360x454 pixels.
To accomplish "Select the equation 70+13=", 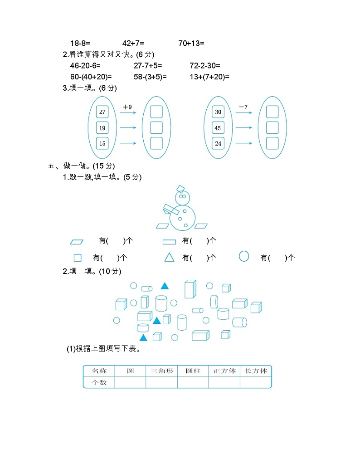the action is [x=191, y=44].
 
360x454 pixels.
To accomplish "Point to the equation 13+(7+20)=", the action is [x=209, y=77].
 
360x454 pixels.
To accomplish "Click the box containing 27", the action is [x=102, y=112].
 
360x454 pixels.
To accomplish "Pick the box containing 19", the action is [x=102, y=128].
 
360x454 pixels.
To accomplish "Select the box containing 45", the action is [x=218, y=128].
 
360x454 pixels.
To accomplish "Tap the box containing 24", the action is [x=218, y=144].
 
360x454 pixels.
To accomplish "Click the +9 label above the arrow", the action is [x=127, y=107].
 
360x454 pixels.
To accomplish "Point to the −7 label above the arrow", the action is [x=243, y=107].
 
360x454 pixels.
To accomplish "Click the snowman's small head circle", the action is [x=182, y=197].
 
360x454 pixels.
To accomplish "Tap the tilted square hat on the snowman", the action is [x=180, y=189].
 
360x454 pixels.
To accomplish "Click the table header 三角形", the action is [x=161, y=371].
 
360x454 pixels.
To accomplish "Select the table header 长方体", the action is [x=256, y=371].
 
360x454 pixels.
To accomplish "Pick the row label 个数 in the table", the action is [x=99, y=382].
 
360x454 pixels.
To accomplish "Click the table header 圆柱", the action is [x=193, y=371].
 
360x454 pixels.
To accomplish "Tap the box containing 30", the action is [x=218, y=112].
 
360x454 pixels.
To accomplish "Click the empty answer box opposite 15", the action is [x=156, y=143].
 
